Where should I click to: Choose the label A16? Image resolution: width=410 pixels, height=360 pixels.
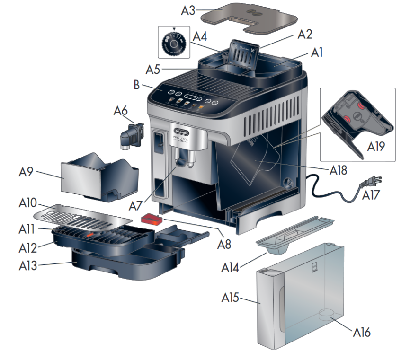pyautogui.click(x=362, y=332)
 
